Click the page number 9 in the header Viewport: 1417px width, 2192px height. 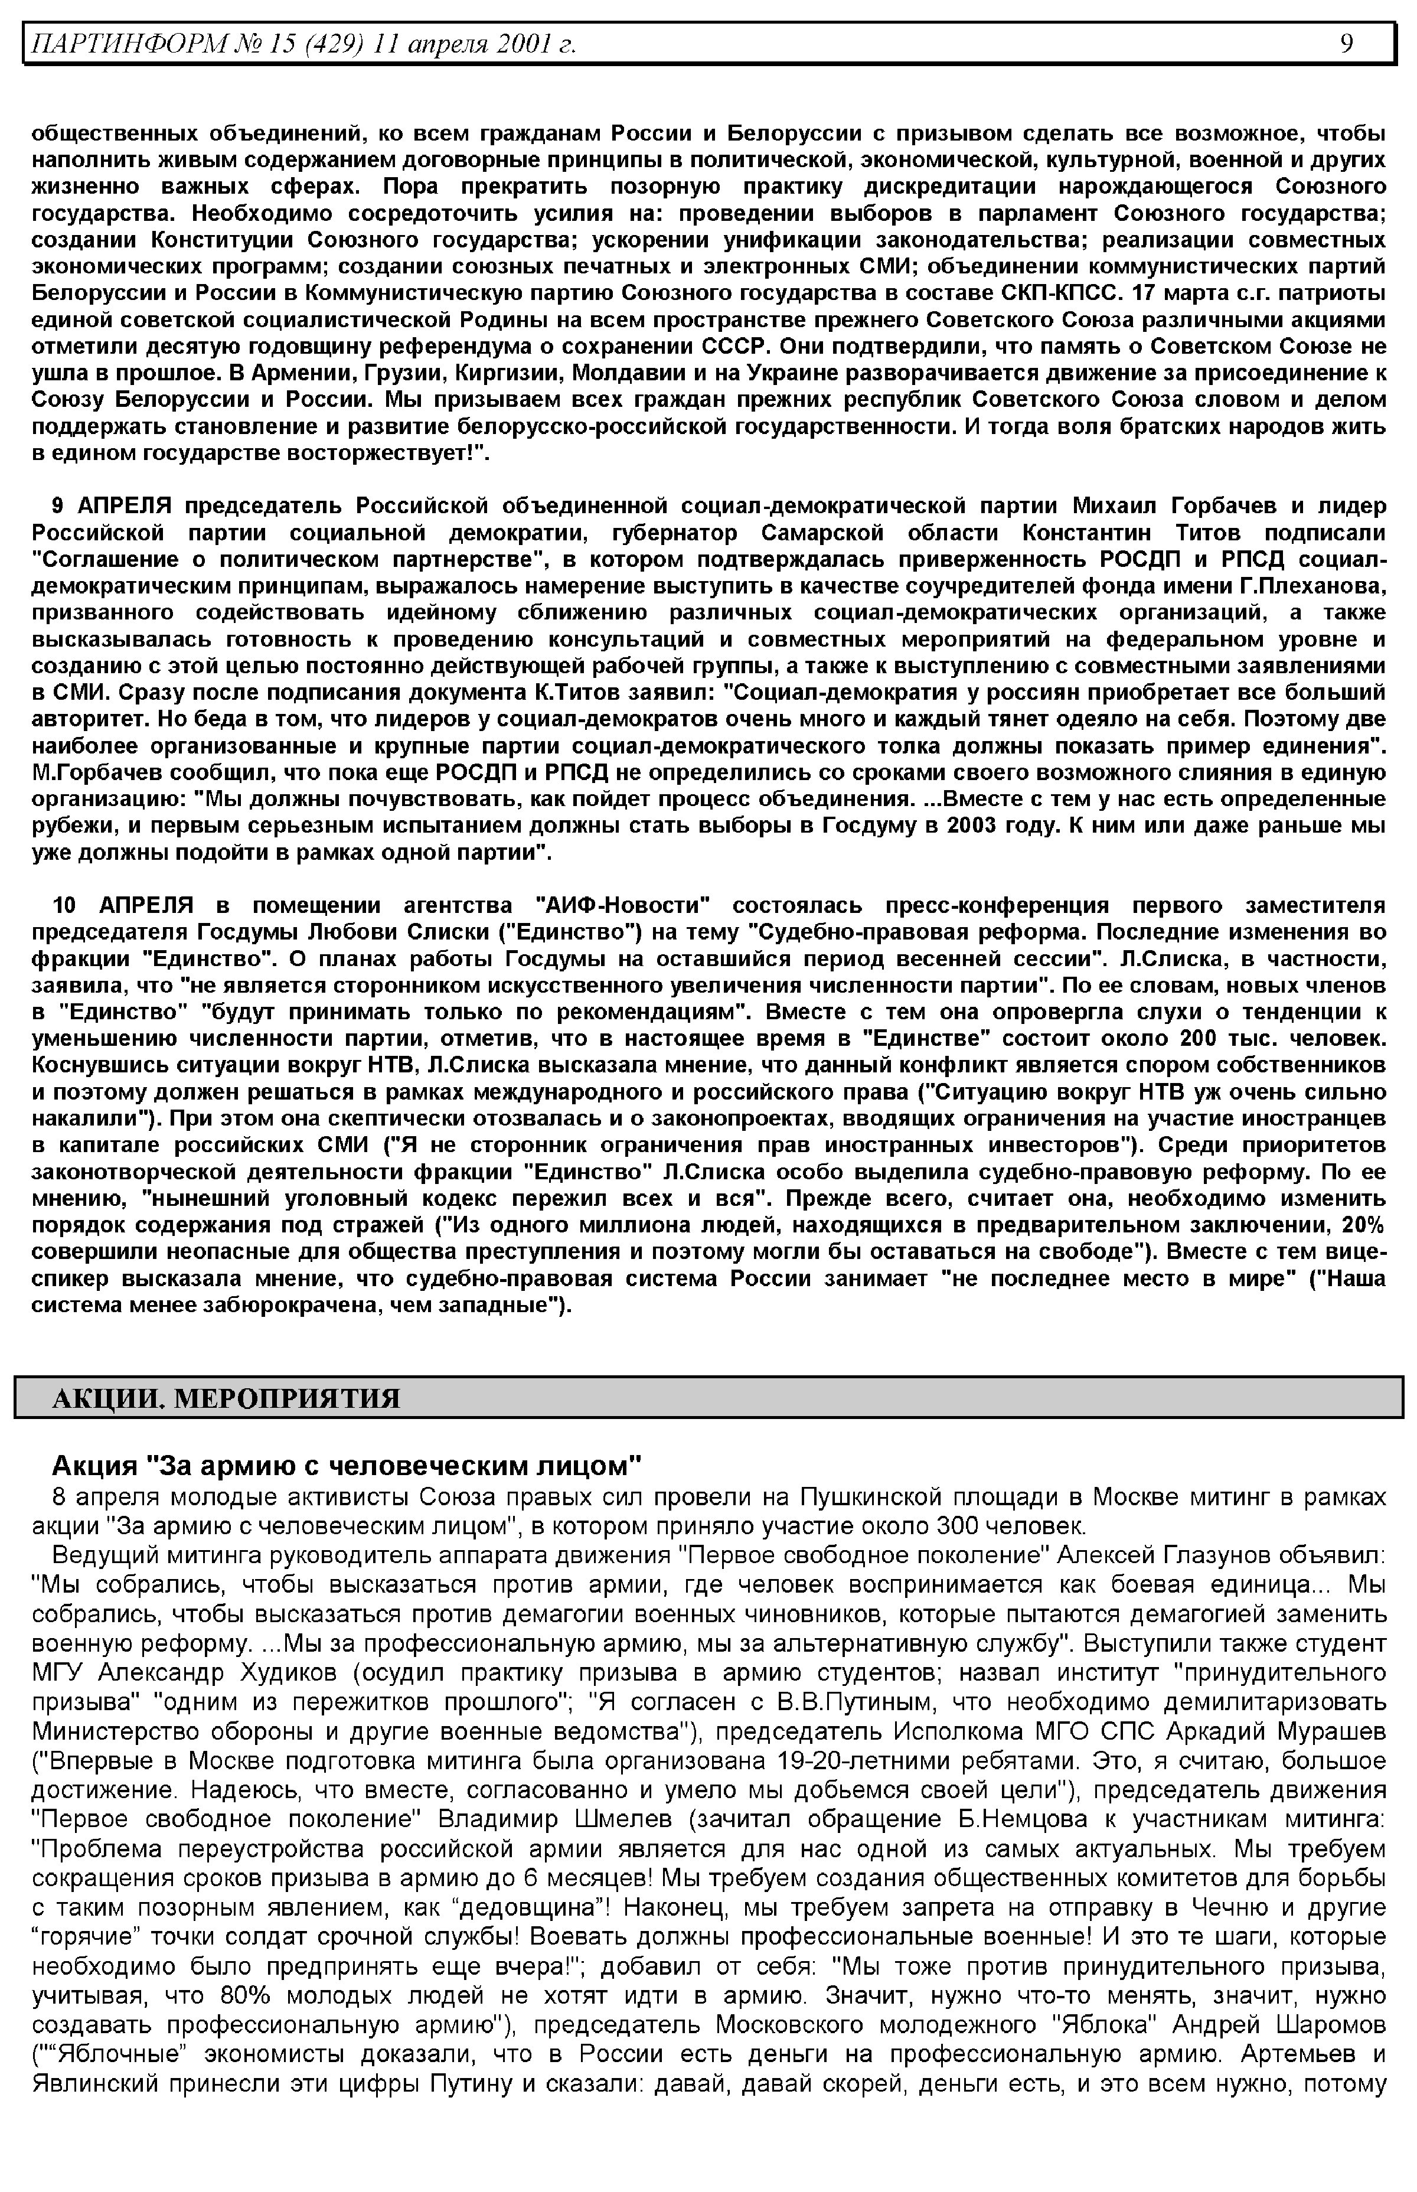[1346, 43]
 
